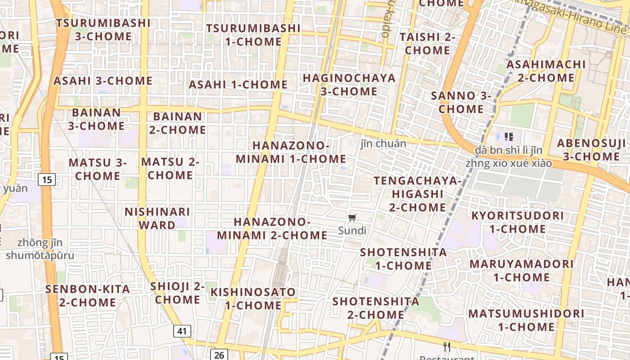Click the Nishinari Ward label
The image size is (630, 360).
coord(157,218)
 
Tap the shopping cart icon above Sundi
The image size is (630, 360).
coord(352,218)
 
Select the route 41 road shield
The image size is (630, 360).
coord(182,332)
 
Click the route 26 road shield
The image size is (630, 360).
coord(219,355)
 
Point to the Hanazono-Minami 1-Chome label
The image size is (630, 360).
coord(291,152)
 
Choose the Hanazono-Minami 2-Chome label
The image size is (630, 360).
coord(272,229)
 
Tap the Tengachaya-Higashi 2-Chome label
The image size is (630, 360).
coord(418,194)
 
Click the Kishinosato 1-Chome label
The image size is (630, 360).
coord(253,299)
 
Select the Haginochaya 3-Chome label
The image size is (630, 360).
coord(349,85)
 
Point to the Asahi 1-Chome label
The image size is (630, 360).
coord(238,85)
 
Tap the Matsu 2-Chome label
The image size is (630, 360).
coord(170,168)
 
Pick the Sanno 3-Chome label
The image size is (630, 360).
coord(461,102)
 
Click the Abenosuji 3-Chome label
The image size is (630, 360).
coord(591,150)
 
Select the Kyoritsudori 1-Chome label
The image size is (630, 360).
coord(517,222)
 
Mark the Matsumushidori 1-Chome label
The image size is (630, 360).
coord(526,320)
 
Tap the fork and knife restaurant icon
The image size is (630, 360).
coord(447,346)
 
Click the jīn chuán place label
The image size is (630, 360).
coord(383,144)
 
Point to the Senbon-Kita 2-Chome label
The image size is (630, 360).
coord(88,296)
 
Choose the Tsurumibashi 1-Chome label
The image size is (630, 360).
coord(253,35)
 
